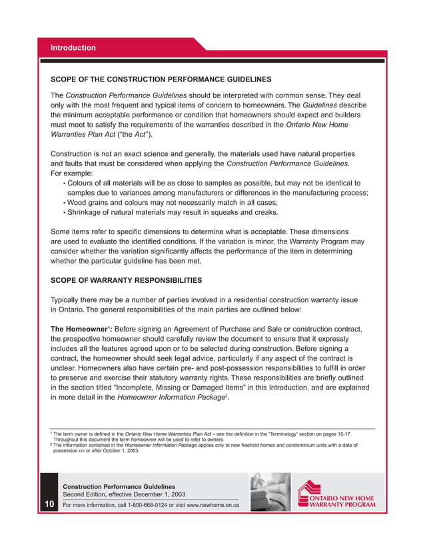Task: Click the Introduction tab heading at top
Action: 74,48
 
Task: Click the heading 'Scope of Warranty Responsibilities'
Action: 127,280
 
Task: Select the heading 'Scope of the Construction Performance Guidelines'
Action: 161,79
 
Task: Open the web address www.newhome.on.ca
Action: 209,505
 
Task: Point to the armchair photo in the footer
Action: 270,492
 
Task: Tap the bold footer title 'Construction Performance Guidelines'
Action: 119,486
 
